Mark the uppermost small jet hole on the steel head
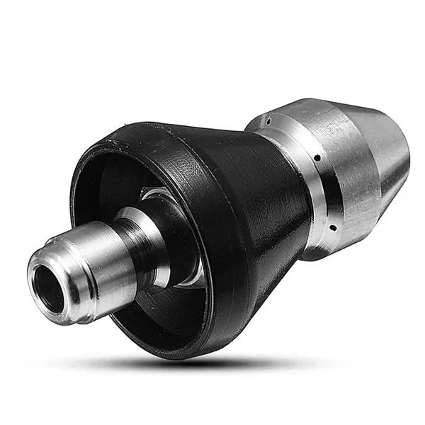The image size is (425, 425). point(269,120)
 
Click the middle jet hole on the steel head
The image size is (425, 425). point(317,157)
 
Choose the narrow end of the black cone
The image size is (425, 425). point(290,205)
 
